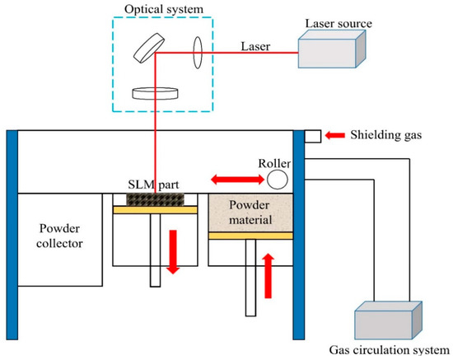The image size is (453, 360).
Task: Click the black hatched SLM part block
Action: coord(155,199)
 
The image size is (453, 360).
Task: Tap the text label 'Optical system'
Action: coord(155,7)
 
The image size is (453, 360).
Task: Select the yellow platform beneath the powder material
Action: coord(251,236)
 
